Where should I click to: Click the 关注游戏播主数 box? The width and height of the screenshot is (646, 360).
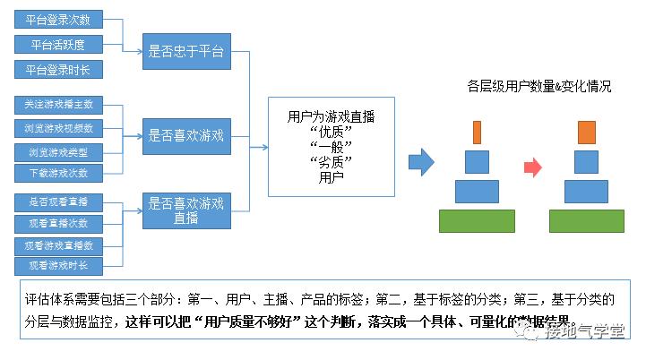click(58, 105)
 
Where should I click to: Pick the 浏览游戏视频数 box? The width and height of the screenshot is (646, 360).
click(58, 127)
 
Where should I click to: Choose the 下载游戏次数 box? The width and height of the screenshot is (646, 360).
click(58, 172)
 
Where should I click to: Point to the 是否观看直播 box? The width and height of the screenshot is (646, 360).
click(58, 201)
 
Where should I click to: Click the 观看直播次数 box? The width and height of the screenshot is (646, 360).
click(58, 222)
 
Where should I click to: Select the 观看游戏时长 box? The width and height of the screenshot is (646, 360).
click(58, 266)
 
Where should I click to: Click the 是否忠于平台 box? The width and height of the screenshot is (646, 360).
click(187, 53)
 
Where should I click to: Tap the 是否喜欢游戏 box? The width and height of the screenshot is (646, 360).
click(187, 137)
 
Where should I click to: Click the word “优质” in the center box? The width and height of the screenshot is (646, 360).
click(331, 132)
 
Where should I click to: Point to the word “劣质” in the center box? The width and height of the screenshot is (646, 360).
click(331, 161)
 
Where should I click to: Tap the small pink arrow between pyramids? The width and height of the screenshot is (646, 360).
click(534, 167)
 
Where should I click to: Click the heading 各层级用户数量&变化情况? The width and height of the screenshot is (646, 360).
click(539, 87)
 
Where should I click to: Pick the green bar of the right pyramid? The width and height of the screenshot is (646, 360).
click(587, 220)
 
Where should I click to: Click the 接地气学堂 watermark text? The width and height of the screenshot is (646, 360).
click(587, 332)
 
